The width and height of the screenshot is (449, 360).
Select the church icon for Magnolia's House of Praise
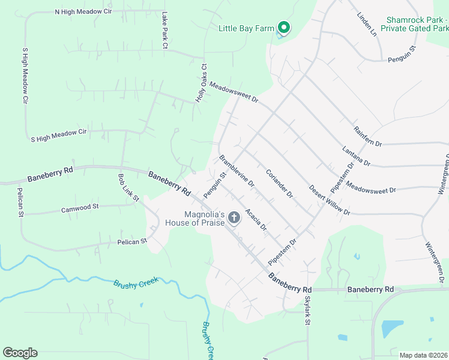[x=234, y=217]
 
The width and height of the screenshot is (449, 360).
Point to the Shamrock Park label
[x=418, y=23]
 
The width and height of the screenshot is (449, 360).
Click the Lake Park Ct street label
[x=164, y=29]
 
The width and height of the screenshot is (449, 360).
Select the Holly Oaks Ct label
[x=203, y=83]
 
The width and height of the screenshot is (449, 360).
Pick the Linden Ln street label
[x=366, y=25]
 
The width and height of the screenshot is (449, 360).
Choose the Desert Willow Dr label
[x=330, y=199]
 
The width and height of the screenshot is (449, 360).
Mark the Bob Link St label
[x=128, y=188]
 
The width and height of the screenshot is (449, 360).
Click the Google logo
[x=20, y=353]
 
